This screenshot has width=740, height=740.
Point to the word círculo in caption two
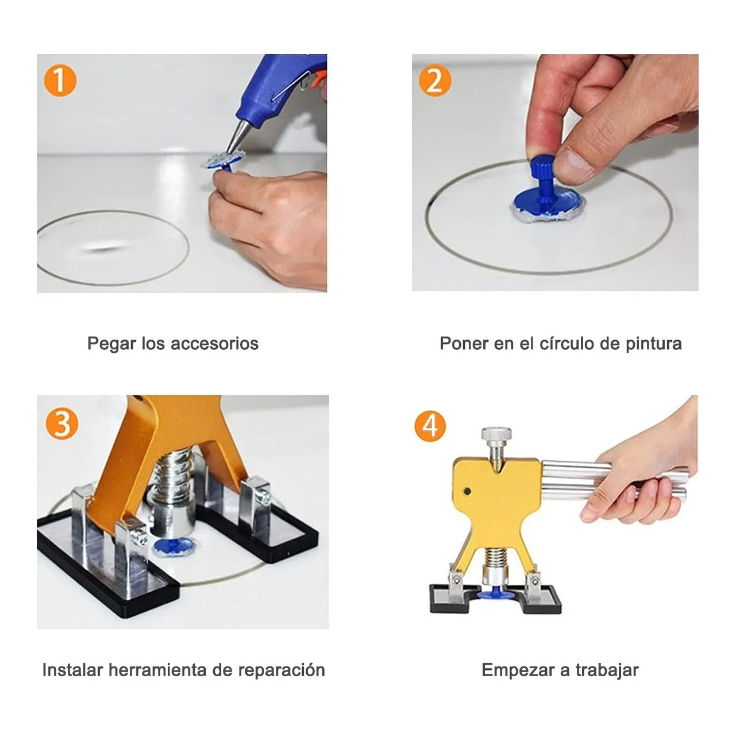[566, 344]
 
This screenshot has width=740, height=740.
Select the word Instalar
[72, 670]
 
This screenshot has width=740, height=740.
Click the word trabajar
[607, 670]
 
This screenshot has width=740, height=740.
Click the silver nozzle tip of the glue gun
[236, 141]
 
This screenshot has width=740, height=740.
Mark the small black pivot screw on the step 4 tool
[467, 491]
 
